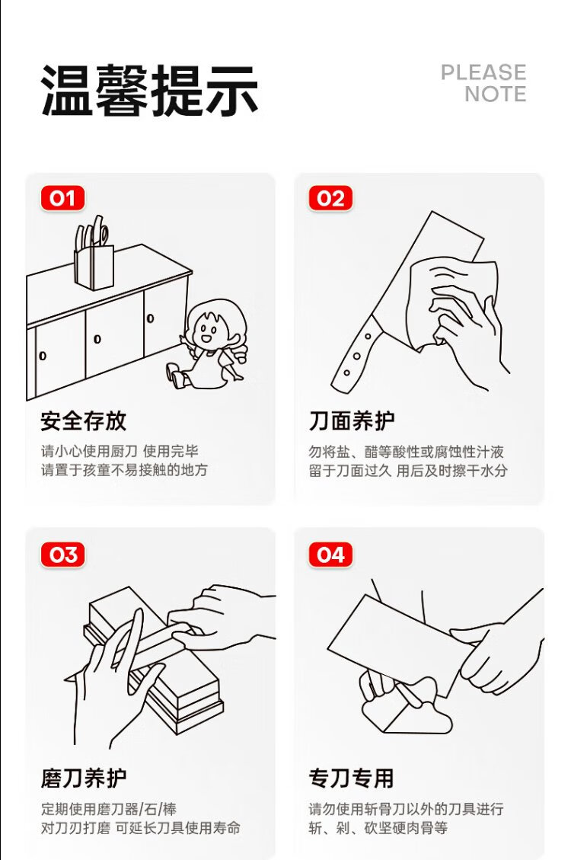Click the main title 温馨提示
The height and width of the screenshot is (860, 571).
pyautogui.click(x=149, y=90)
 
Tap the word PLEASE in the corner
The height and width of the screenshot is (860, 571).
pyautogui.click(x=483, y=72)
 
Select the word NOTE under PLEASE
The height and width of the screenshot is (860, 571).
pyautogui.click(x=496, y=94)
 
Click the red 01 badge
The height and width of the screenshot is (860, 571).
pyautogui.click(x=62, y=198)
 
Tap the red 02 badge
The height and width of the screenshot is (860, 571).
pyautogui.click(x=330, y=198)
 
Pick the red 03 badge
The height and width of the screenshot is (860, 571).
pyautogui.click(x=62, y=555)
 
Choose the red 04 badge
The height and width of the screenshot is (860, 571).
pyautogui.click(x=330, y=555)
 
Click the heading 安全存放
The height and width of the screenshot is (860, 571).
pyautogui.click(x=83, y=420)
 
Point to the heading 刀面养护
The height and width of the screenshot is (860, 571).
pyautogui.click(x=351, y=420)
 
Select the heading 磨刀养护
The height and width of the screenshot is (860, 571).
pyautogui.click(x=83, y=778)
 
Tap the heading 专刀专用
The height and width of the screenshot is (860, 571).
pyautogui.click(x=351, y=778)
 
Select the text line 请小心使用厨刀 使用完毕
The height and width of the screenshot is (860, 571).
pyautogui.click(x=120, y=452)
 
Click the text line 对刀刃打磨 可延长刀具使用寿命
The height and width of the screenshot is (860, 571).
pyautogui.click(x=140, y=828)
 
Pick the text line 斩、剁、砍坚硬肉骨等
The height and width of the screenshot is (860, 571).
pyautogui.click(x=378, y=828)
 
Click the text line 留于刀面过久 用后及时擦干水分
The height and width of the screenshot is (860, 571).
pyautogui.click(x=408, y=471)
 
